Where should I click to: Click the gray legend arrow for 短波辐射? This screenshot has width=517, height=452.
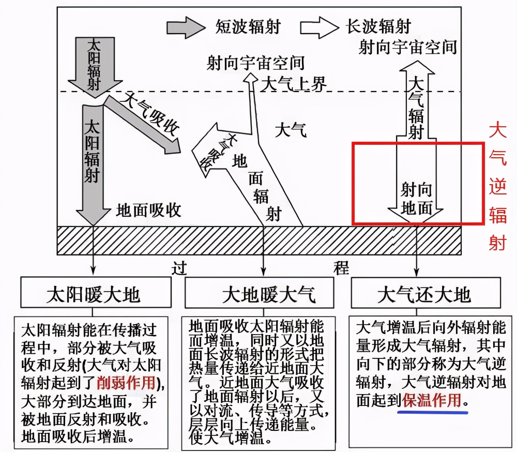coord(186,27)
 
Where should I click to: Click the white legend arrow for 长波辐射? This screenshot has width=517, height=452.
coord(319,27)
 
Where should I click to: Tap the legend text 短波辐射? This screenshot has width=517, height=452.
coord(248,27)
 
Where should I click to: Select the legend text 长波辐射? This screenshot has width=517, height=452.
coord(378,26)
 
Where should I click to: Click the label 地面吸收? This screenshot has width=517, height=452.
coord(149,210)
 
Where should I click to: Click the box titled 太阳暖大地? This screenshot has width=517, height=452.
coord(96,292)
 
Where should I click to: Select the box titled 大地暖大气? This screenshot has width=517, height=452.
coord(259,293)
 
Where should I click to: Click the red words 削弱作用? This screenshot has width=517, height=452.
coord(126,383)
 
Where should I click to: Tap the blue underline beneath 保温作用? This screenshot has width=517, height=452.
coord(433,412)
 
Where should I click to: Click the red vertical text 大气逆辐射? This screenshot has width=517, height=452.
coord(497,186)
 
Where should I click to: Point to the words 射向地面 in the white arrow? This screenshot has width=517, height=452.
coord(416,199)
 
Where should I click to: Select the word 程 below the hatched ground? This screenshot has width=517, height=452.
coord(341,268)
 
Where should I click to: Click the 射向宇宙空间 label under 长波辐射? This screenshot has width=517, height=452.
coord(408,47)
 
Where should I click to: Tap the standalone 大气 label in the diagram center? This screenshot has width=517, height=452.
coord(291,130)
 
